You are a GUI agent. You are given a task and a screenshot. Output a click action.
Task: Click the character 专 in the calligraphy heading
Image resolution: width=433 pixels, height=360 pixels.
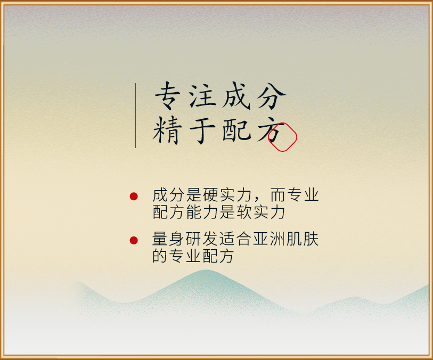click(x=168, y=96)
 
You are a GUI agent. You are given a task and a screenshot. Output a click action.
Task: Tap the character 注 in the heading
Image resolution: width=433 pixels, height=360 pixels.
click(x=202, y=96)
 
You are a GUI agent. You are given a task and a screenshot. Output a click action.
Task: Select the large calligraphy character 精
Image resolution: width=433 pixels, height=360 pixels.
click(x=167, y=130)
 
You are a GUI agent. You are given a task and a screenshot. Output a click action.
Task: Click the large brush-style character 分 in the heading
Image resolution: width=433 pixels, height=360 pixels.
click(x=271, y=96)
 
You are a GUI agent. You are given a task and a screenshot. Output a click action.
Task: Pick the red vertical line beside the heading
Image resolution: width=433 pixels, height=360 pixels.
click(x=135, y=116)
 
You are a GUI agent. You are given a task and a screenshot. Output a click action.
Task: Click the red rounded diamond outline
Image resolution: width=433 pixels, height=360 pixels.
click(x=282, y=124)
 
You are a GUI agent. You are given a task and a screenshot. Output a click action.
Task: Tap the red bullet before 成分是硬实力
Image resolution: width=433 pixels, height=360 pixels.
click(x=134, y=197)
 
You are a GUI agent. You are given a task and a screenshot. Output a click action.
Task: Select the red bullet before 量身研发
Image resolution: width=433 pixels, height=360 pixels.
click(x=134, y=240)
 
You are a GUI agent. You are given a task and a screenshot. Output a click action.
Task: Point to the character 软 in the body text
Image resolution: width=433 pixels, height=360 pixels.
click(x=244, y=212)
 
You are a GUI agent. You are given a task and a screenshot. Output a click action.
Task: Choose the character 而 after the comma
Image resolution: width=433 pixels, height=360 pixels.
click(x=278, y=195)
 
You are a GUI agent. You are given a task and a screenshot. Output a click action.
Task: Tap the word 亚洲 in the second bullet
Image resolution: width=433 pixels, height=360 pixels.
click(x=269, y=239)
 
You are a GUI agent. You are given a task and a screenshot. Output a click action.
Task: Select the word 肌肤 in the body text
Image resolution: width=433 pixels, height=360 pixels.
click(x=303, y=239)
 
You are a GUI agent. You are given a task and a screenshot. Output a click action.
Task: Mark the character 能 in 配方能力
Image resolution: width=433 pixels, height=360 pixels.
click(x=194, y=212)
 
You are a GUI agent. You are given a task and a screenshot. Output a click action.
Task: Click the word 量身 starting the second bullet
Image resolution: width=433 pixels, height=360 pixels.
click(x=168, y=239)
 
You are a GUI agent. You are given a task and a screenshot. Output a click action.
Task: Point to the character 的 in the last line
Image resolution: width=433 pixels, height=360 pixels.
click(x=160, y=256)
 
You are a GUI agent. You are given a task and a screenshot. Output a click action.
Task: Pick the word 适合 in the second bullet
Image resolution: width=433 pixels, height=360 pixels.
click(x=235, y=239)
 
